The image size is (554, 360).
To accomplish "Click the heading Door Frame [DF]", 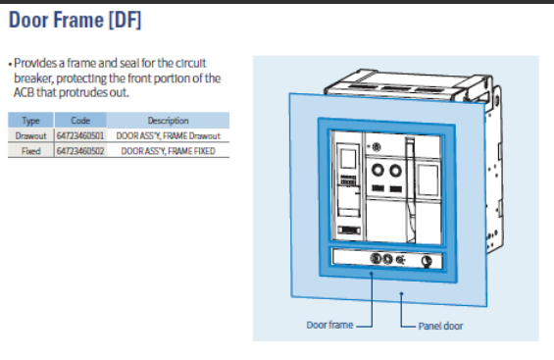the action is click(75, 20).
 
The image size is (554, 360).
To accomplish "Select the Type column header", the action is click(30, 121).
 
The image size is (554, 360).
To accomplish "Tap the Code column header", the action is click(80, 121).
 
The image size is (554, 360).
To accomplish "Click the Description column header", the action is click(169, 121).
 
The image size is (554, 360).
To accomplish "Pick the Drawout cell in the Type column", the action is click(30, 136).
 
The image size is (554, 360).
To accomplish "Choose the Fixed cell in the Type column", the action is click(30, 151).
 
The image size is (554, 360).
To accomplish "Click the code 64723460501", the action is click(80, 136).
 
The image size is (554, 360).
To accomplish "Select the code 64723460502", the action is click(80, 151).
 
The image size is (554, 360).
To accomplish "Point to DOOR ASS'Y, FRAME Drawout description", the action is click(169, 136).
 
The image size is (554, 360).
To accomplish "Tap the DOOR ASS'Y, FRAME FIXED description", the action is click(169, 151).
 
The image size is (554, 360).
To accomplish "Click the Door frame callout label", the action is click(329, 325).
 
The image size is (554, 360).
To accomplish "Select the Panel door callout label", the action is click(440, 326).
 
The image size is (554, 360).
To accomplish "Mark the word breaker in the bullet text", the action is click(33, 78).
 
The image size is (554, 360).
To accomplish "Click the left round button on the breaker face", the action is click(378, 170).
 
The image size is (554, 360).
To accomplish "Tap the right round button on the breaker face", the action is click(395, 171).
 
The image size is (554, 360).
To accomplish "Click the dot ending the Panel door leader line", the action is click(401, 293).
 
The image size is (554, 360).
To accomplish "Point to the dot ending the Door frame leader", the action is click(372, 273).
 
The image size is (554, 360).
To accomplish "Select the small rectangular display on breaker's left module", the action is click(348, 159).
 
